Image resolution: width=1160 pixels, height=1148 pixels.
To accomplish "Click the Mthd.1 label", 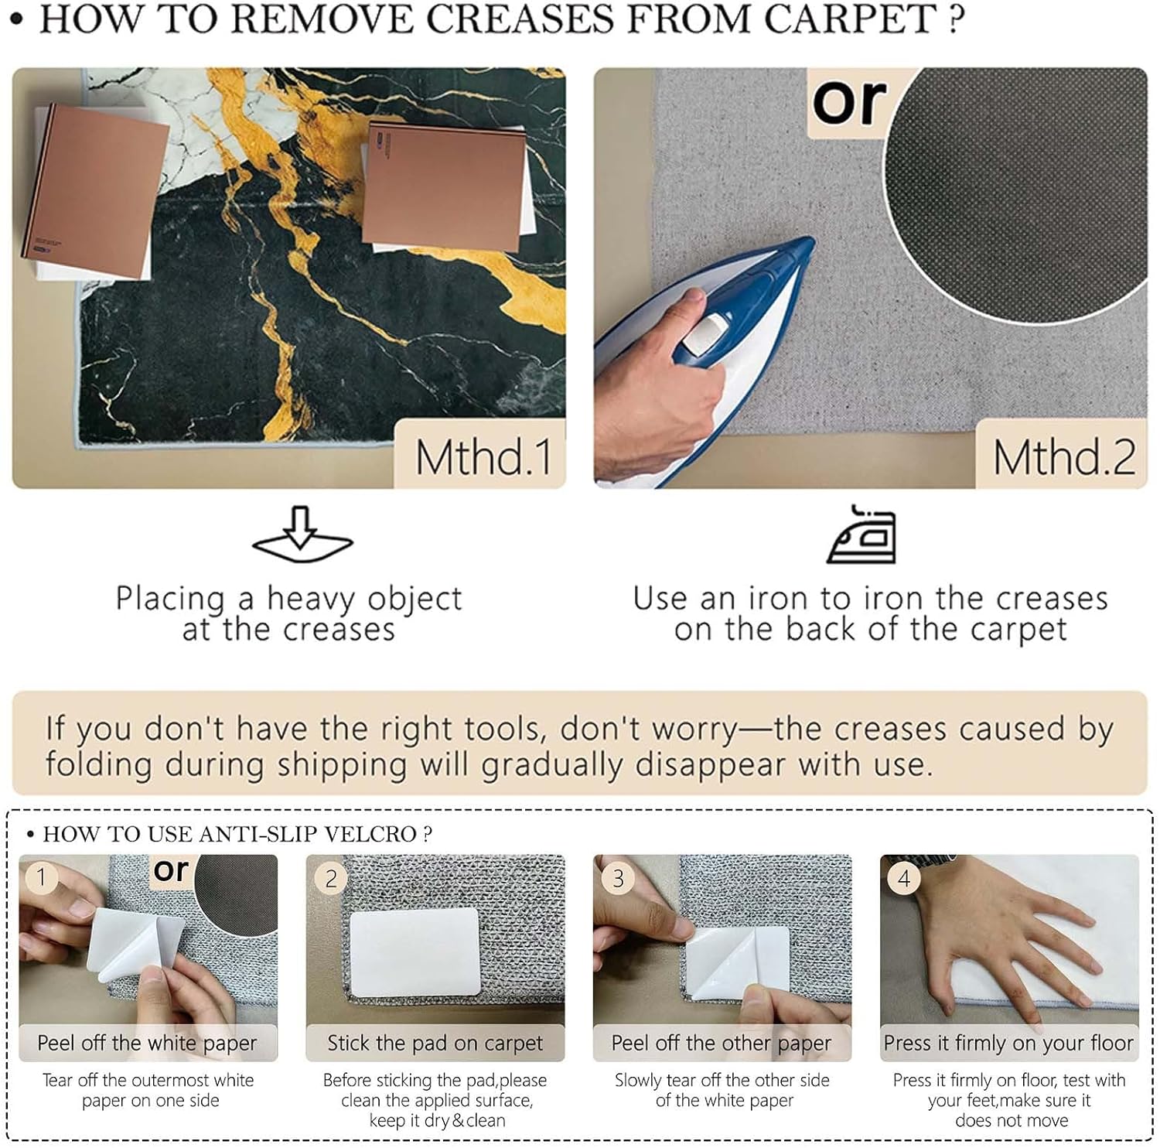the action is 484,456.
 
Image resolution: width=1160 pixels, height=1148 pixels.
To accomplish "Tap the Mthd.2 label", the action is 1064,456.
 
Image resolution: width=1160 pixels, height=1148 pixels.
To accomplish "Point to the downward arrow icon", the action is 302,534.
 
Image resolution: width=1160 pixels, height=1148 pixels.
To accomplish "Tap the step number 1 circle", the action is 42,877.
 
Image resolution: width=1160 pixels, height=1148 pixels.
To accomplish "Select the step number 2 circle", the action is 331,879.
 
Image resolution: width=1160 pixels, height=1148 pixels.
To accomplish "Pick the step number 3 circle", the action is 618,878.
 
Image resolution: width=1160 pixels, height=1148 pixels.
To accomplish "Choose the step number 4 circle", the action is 904,877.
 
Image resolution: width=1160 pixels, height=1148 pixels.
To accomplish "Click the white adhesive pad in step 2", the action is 415,952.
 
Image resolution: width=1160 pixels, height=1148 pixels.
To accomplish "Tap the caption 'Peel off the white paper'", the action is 147,1043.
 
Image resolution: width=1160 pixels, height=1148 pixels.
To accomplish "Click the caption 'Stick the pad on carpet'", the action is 435,1043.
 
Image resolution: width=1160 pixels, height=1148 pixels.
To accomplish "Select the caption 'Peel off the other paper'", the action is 722,1043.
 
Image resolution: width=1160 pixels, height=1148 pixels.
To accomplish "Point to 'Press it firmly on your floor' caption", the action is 1008,1043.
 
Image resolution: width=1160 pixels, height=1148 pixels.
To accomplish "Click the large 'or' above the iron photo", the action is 849,101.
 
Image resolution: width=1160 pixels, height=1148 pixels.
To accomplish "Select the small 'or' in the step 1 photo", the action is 171,870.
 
